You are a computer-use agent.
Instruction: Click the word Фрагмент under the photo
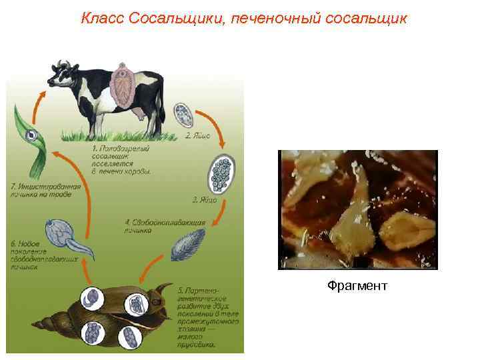(x=357, y=285)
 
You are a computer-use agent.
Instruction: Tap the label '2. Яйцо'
(x=198, y=135)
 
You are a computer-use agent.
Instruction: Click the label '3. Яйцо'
(x=205, y=200)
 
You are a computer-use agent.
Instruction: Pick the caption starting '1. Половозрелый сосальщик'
(x=121, y=159)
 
